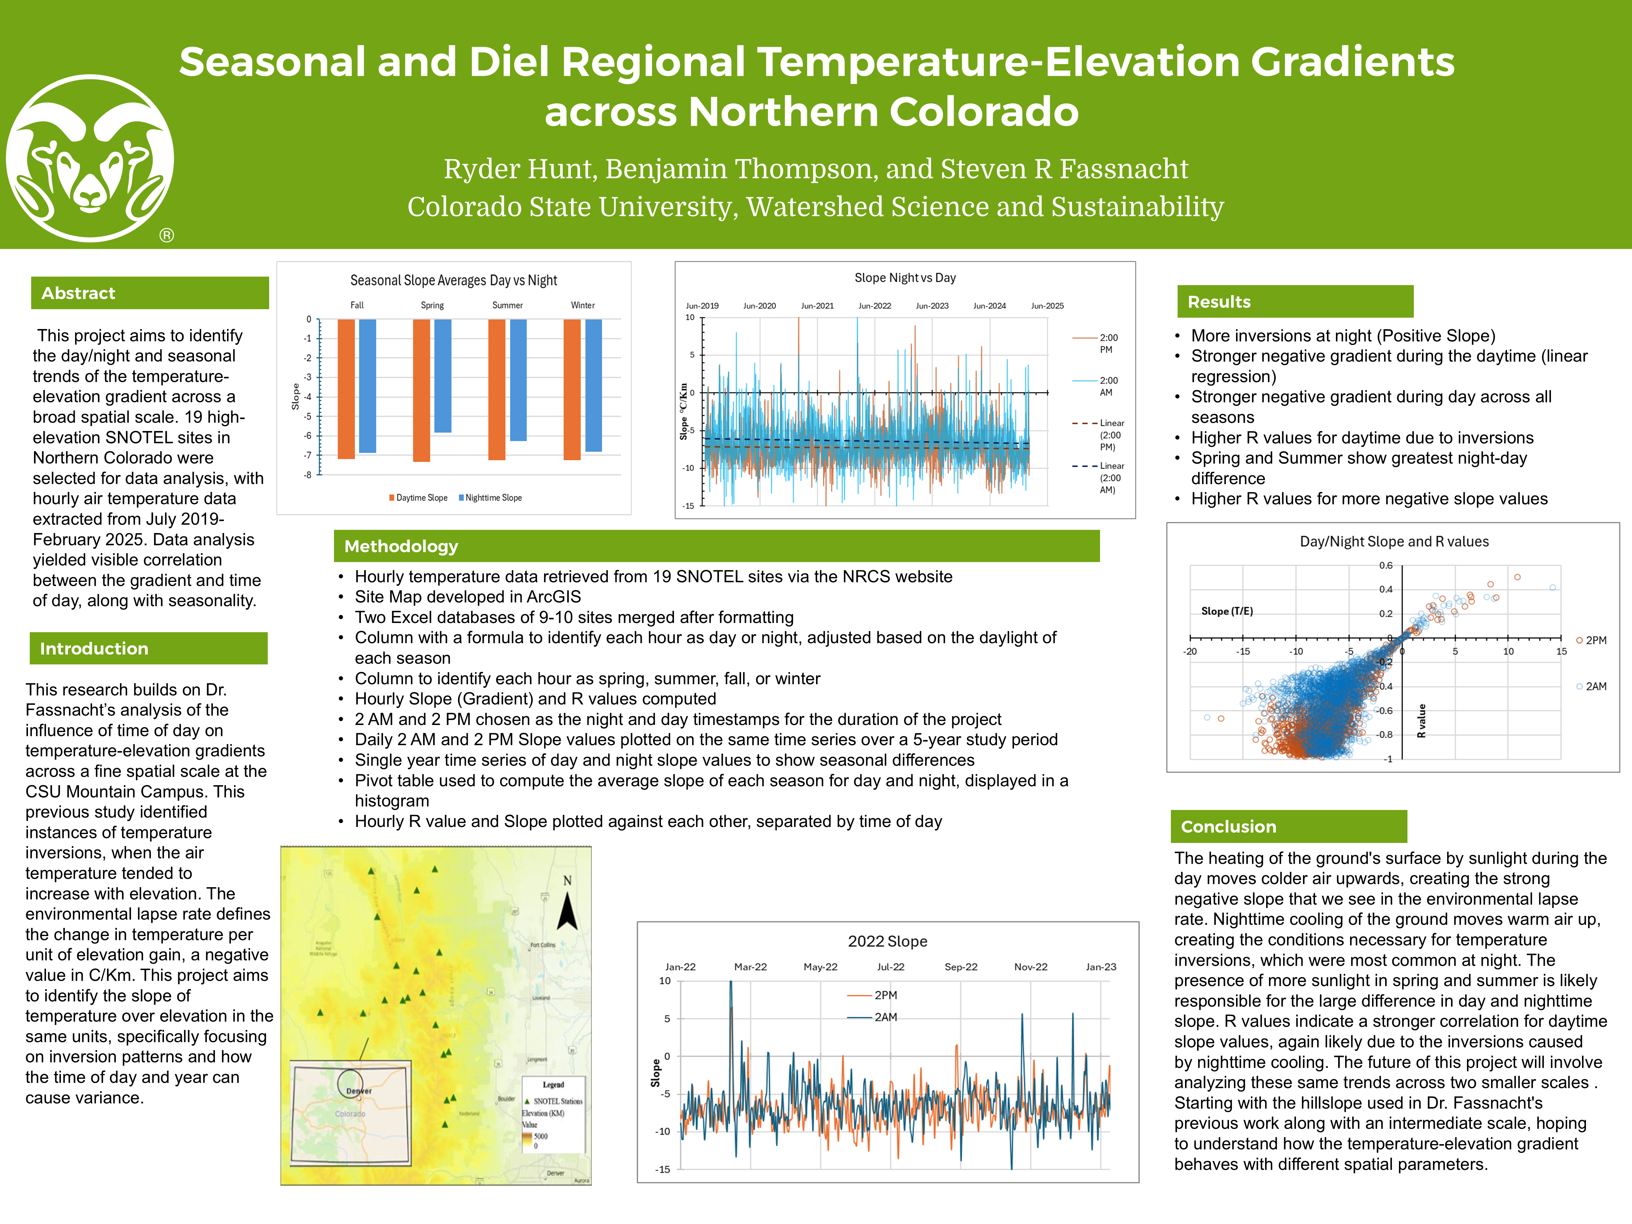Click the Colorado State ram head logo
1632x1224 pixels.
tap(90, 159)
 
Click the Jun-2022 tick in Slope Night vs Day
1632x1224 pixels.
tap(874, 305)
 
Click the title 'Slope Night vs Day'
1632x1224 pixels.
tap(905, 278)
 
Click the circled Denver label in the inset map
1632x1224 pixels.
tap(358, 1090)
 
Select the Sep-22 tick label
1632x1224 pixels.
tap(960, 967)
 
